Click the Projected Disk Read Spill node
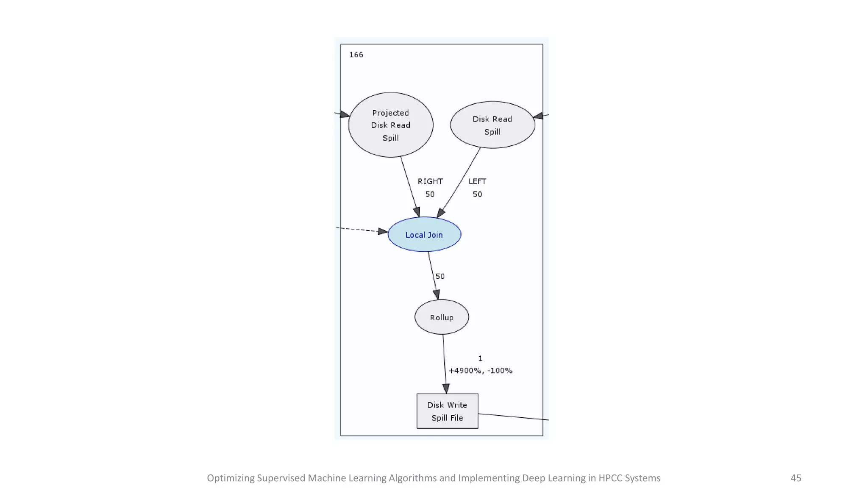coord(390,125)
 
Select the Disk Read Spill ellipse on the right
coord(492,125)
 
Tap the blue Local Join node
coord(424,235)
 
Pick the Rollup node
coord(442,317)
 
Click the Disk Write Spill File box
coord(447,411)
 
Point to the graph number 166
coord(356,55)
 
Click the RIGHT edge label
coord(430,181)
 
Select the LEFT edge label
coord(477,181)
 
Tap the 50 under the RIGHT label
coord(430,194)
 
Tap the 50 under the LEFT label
coord(477,194)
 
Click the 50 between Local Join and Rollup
coord(440,276)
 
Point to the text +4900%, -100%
coord(480,371)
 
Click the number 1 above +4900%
coord(480,358)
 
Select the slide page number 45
coord(796,478)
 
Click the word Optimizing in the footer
coord(231,478)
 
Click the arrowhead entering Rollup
coord(437,294)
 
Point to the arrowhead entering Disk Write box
coord(446,388)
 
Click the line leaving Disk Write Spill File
coord(513,417)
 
